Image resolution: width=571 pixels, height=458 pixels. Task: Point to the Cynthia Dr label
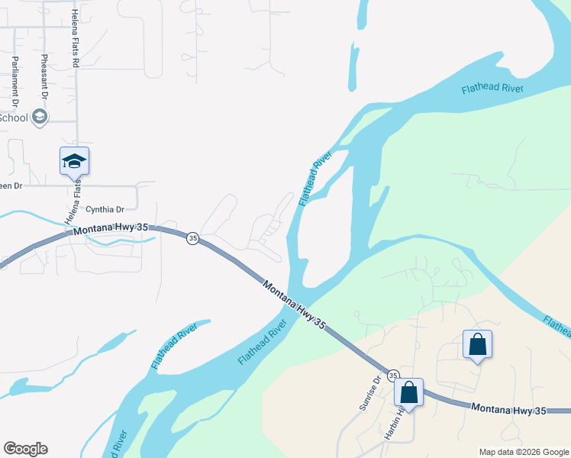[105, 209]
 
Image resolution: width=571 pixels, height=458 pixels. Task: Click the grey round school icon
[40, 117]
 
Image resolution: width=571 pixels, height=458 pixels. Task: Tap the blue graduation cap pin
[75, 162]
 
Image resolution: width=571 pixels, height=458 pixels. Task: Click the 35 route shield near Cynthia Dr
[192, 237]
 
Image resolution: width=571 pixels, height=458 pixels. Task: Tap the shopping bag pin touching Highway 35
[409, 392]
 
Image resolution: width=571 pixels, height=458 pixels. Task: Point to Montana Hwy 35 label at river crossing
[294, 305]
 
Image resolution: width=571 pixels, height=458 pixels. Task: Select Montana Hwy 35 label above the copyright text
[509, 410]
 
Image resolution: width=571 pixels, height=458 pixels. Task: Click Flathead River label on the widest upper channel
[492, 89]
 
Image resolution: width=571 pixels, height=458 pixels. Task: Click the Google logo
[25, 449]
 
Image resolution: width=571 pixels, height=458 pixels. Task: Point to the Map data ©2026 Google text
[522, 452]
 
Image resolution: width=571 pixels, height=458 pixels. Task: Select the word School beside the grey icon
[14, 118]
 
